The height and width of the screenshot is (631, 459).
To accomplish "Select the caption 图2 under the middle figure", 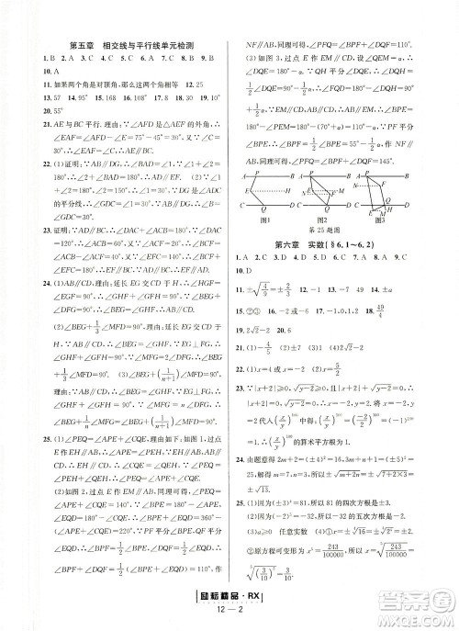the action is pos(321,220).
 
